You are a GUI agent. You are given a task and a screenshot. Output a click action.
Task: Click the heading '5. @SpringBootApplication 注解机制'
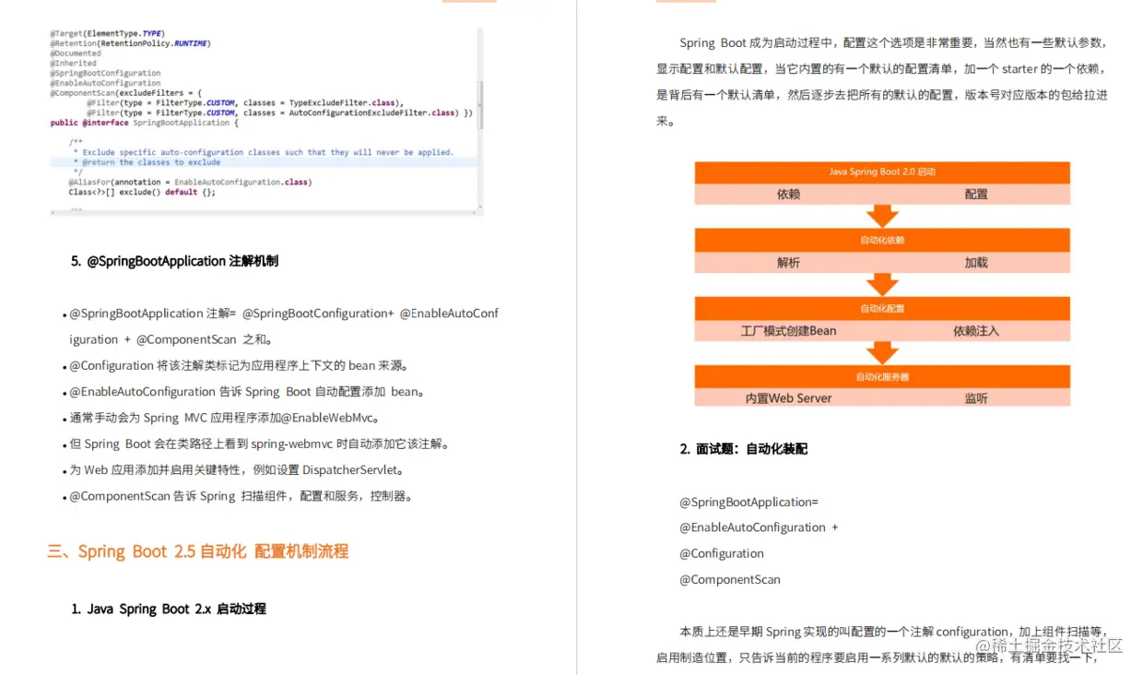[x=174, y=261]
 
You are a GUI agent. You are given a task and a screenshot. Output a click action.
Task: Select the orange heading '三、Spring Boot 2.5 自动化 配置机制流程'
[x=198, y=551]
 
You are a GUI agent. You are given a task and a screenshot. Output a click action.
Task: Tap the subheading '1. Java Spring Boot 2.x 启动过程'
[x=169, y=609]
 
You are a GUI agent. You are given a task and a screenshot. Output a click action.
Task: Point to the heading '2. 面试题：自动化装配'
[x=744, y=449]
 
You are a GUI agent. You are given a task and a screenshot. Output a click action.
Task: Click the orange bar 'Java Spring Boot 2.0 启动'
[x=882, y=172]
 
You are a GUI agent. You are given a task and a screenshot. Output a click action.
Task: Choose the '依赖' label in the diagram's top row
[x=788, y=195]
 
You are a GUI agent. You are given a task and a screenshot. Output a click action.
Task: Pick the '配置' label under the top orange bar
[x=976, y=195]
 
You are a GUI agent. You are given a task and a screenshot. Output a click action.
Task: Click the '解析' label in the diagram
[x=788, y=263]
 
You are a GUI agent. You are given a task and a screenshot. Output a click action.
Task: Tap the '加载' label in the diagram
[x=976, y=263]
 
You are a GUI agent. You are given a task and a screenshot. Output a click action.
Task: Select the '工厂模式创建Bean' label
[x=788, y=330]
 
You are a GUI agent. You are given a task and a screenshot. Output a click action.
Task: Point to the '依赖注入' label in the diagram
[x=976, y=330]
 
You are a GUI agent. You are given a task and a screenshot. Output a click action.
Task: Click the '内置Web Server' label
[x=788, y=398]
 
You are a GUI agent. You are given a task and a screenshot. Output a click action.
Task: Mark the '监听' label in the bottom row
[x=976, y=398]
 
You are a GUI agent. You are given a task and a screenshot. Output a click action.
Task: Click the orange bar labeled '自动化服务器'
[x=882, y=376]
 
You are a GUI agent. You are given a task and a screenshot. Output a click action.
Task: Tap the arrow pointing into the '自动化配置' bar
[x=882, y=283]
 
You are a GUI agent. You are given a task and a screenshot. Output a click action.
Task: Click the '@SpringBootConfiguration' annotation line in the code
[x=105, y=73]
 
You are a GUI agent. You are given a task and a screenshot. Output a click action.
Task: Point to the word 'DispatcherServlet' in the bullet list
[x=354, y=470]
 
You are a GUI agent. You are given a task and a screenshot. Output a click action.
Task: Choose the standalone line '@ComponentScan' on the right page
[x=730, y=580]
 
